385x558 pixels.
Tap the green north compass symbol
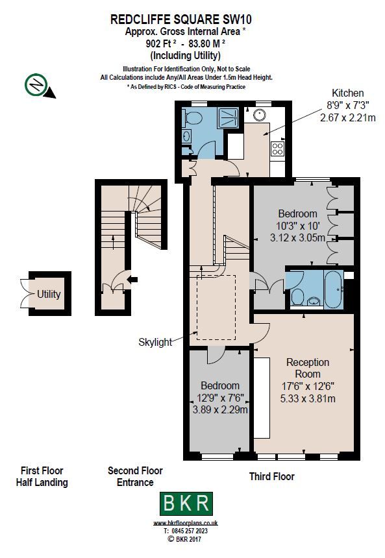pyautogui.click(x=35, y=84)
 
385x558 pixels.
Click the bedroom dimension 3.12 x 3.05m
pyautogui.click(x=297, y=237)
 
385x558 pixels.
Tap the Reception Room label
pyautogui.click(x=308, y=368)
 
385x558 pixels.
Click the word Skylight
pyautogui.click(x=155, y=342)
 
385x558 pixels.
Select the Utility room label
pyautogui.click(x=49, y=294)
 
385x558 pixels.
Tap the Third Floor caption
pyautogui.click(x=271, y=476)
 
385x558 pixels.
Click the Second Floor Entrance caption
pyautogui.click(x=135, y=476)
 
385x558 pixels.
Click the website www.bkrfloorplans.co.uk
pyautogui.click(x=186, y=522)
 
